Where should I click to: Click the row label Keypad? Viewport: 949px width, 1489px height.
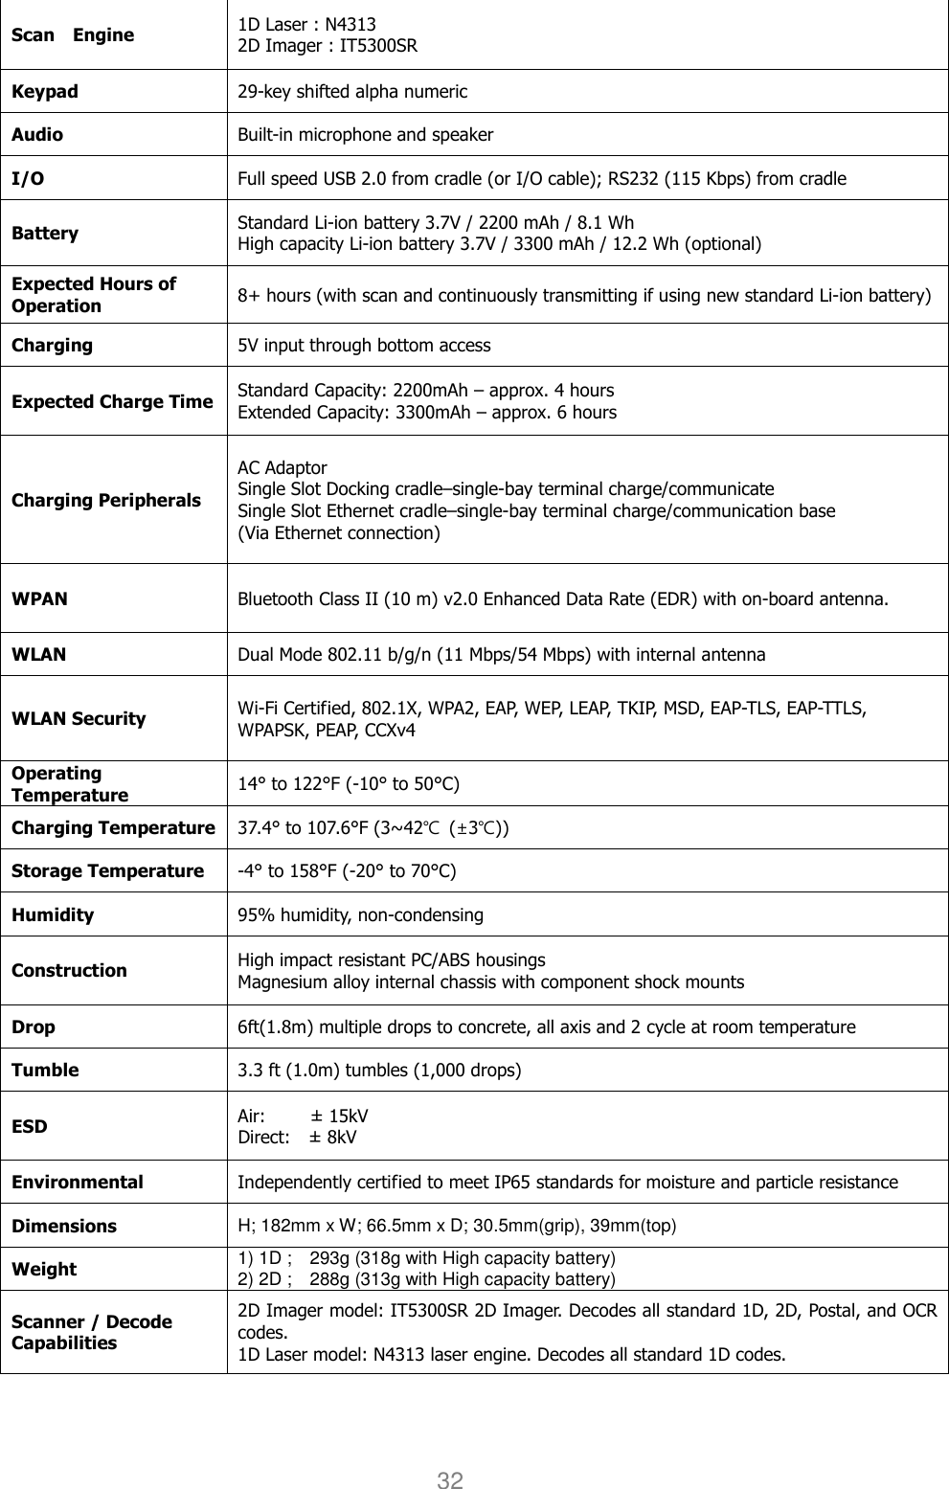point(45,92)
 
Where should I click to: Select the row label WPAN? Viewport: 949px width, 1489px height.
point(39,599)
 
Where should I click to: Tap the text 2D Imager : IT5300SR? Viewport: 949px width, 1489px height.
point(328,45)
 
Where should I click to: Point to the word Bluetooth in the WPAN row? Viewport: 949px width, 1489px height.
point(274,600)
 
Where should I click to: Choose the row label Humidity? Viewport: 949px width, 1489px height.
point(53,914)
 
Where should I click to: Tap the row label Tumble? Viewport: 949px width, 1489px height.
point(45,1071)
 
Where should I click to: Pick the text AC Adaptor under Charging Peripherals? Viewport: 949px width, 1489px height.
point(282,468)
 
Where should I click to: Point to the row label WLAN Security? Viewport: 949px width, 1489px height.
point(79,718)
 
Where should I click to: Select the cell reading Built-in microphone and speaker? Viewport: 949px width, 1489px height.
point(366,135)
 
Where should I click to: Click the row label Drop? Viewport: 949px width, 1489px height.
point(34,1027)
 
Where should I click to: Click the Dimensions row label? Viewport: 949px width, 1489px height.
point(64,1226)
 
